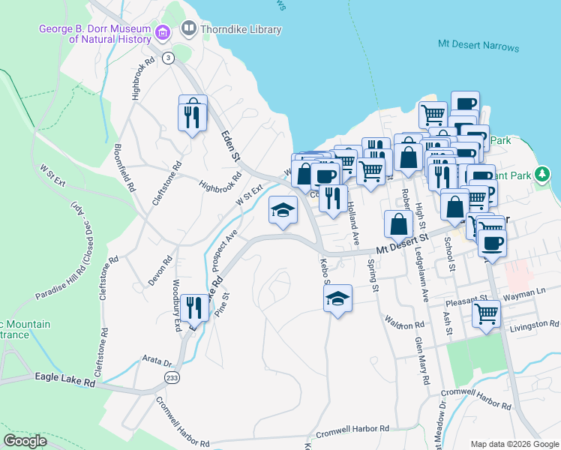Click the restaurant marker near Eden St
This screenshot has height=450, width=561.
(193, 114)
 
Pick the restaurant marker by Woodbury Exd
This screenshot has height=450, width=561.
(193, 308)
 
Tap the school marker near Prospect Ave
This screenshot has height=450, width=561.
(283, 210)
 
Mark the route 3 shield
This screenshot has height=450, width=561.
(169, 57)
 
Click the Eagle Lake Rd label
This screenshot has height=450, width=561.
(65, 381)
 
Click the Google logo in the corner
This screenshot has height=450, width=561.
(25, 441)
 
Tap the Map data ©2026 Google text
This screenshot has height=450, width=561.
(514, 443)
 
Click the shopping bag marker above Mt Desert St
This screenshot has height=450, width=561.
(398, 224)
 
